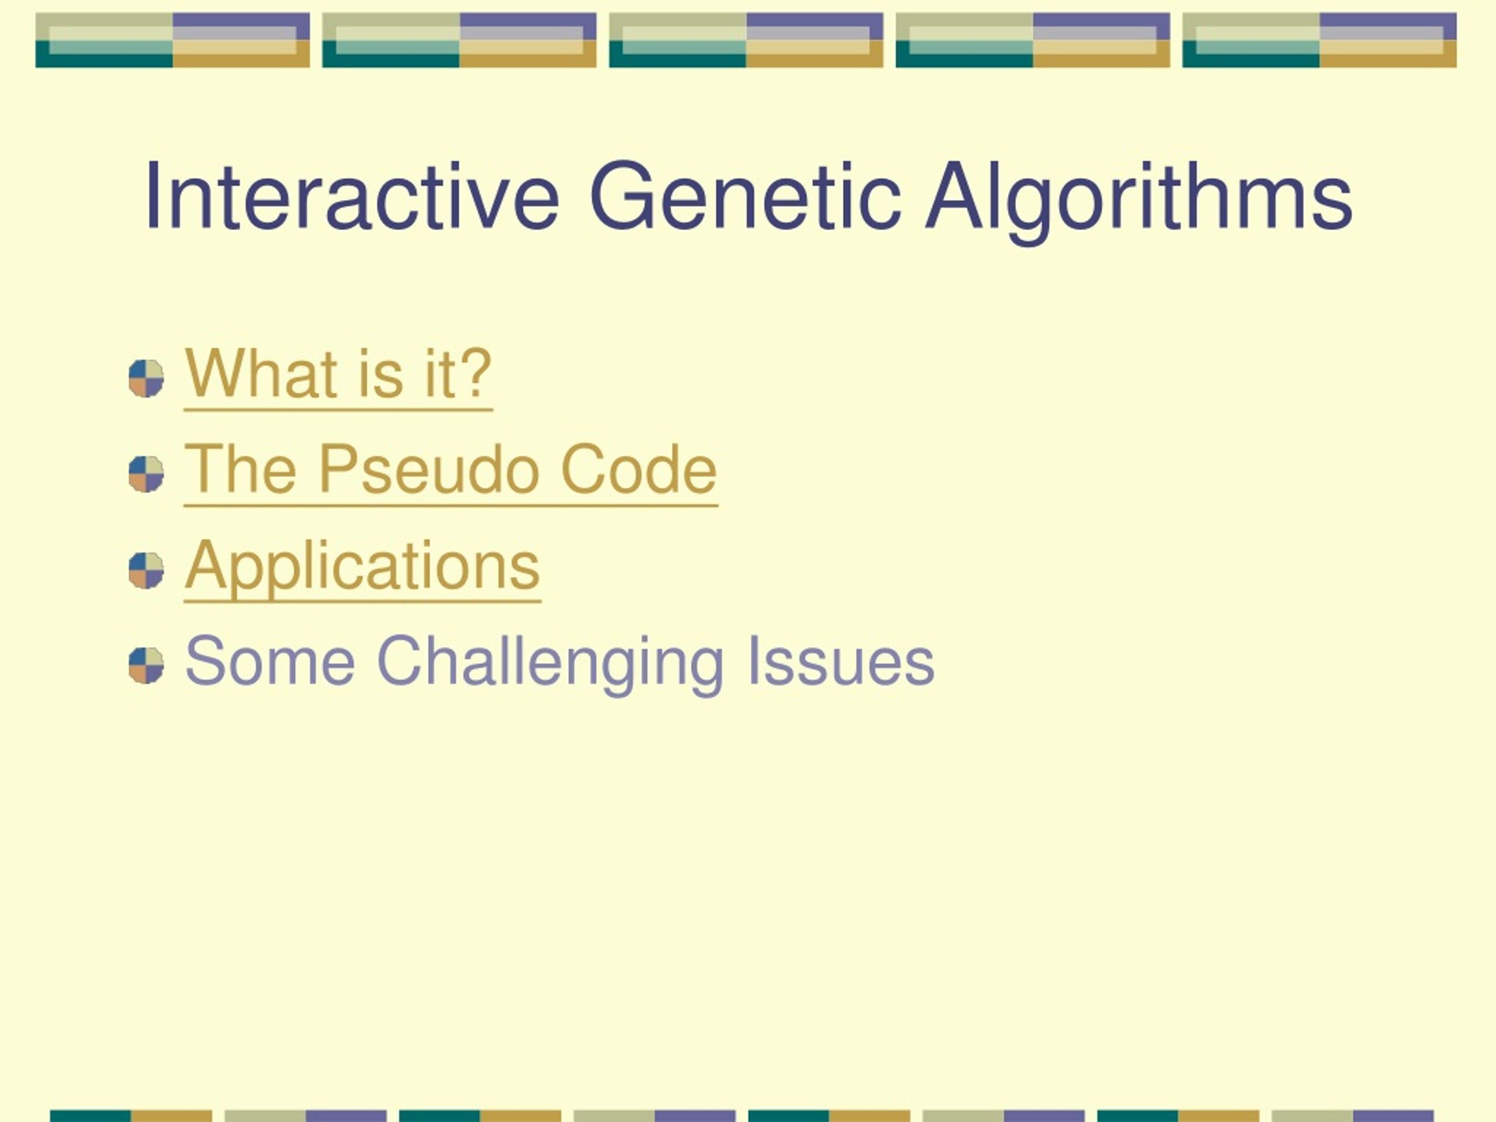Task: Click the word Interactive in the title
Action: coord(352,196)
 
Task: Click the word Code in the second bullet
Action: coord(639,469)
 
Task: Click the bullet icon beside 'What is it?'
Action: coord(146,378)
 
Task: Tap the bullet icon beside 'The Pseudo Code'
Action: coord(146,474)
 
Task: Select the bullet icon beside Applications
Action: coord(146,570)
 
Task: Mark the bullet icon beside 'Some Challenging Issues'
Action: coord(146,666)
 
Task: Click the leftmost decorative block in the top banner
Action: coord(172,40)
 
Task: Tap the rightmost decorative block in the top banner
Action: coord(1320,40)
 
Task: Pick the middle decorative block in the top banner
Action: coord(746,40)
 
